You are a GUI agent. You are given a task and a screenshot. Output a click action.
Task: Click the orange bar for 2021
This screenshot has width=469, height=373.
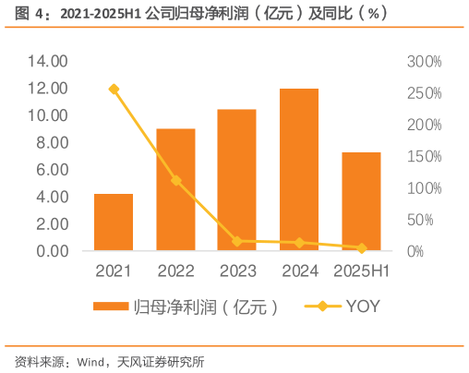click(x=114, y=223)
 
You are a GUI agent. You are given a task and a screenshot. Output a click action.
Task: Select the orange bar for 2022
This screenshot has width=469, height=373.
click(x=175, y=189)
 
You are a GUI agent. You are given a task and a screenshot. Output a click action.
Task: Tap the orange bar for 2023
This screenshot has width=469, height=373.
click(x=237, y=180)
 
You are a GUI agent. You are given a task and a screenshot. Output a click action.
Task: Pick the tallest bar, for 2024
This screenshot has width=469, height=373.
click(x=299, y=170)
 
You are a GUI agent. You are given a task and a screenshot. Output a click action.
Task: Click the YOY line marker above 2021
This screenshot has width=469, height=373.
click(x=114, y=90)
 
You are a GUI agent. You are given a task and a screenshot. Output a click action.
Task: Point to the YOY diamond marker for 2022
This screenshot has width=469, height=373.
click(x=175, y=180)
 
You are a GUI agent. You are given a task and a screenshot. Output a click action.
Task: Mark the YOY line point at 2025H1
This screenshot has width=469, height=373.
click(x=361, y=248)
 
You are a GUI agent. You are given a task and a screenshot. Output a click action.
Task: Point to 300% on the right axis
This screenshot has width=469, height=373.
click(x=424, y=61)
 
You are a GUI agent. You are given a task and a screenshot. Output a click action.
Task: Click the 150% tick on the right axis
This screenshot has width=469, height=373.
click(x=424, y=156)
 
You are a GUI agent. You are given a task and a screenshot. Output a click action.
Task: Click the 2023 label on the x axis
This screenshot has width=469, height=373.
click(x=237, y=271)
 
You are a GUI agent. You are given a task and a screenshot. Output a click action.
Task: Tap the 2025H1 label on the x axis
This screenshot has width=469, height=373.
click(x=361, y=271)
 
